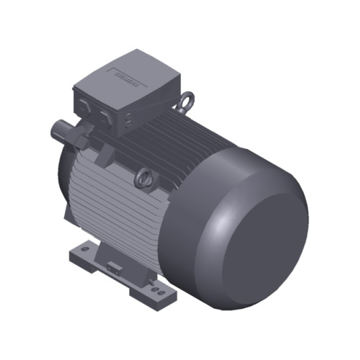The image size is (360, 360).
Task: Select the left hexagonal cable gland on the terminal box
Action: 84,106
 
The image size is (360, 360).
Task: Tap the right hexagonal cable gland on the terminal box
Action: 105,115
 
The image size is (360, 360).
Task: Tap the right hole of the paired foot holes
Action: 158,291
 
